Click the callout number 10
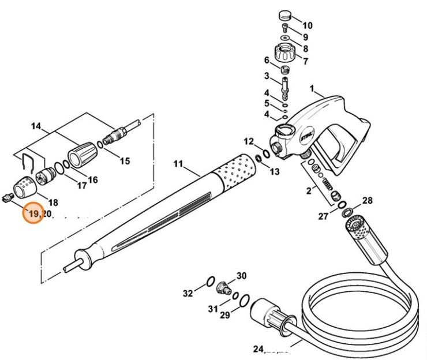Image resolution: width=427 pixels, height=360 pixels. click(x=308, y=25)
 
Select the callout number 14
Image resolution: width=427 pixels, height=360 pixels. click(x=36, y=126)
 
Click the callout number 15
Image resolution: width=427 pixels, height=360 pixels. click(x=125, y=162)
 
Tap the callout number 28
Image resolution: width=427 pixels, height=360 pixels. click(x=368, y=200)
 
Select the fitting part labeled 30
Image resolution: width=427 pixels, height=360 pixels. click(x=222, y=286)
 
